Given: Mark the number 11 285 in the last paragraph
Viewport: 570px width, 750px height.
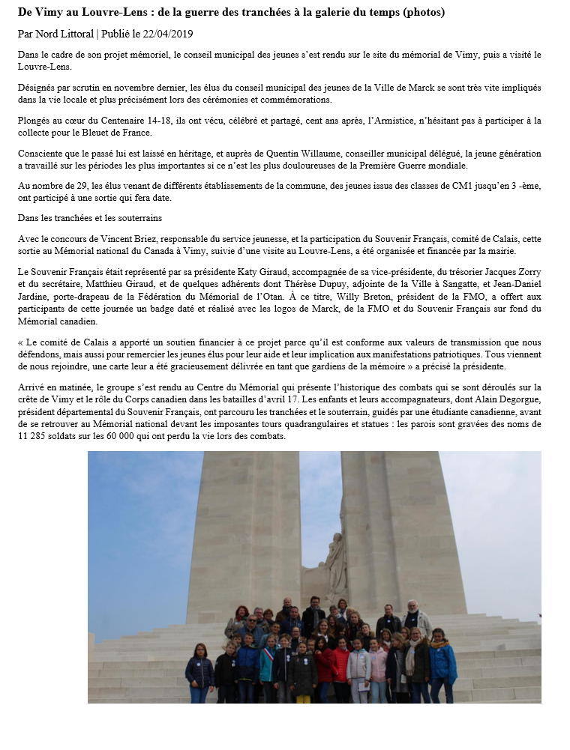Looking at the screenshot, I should click(x=34, y=437).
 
